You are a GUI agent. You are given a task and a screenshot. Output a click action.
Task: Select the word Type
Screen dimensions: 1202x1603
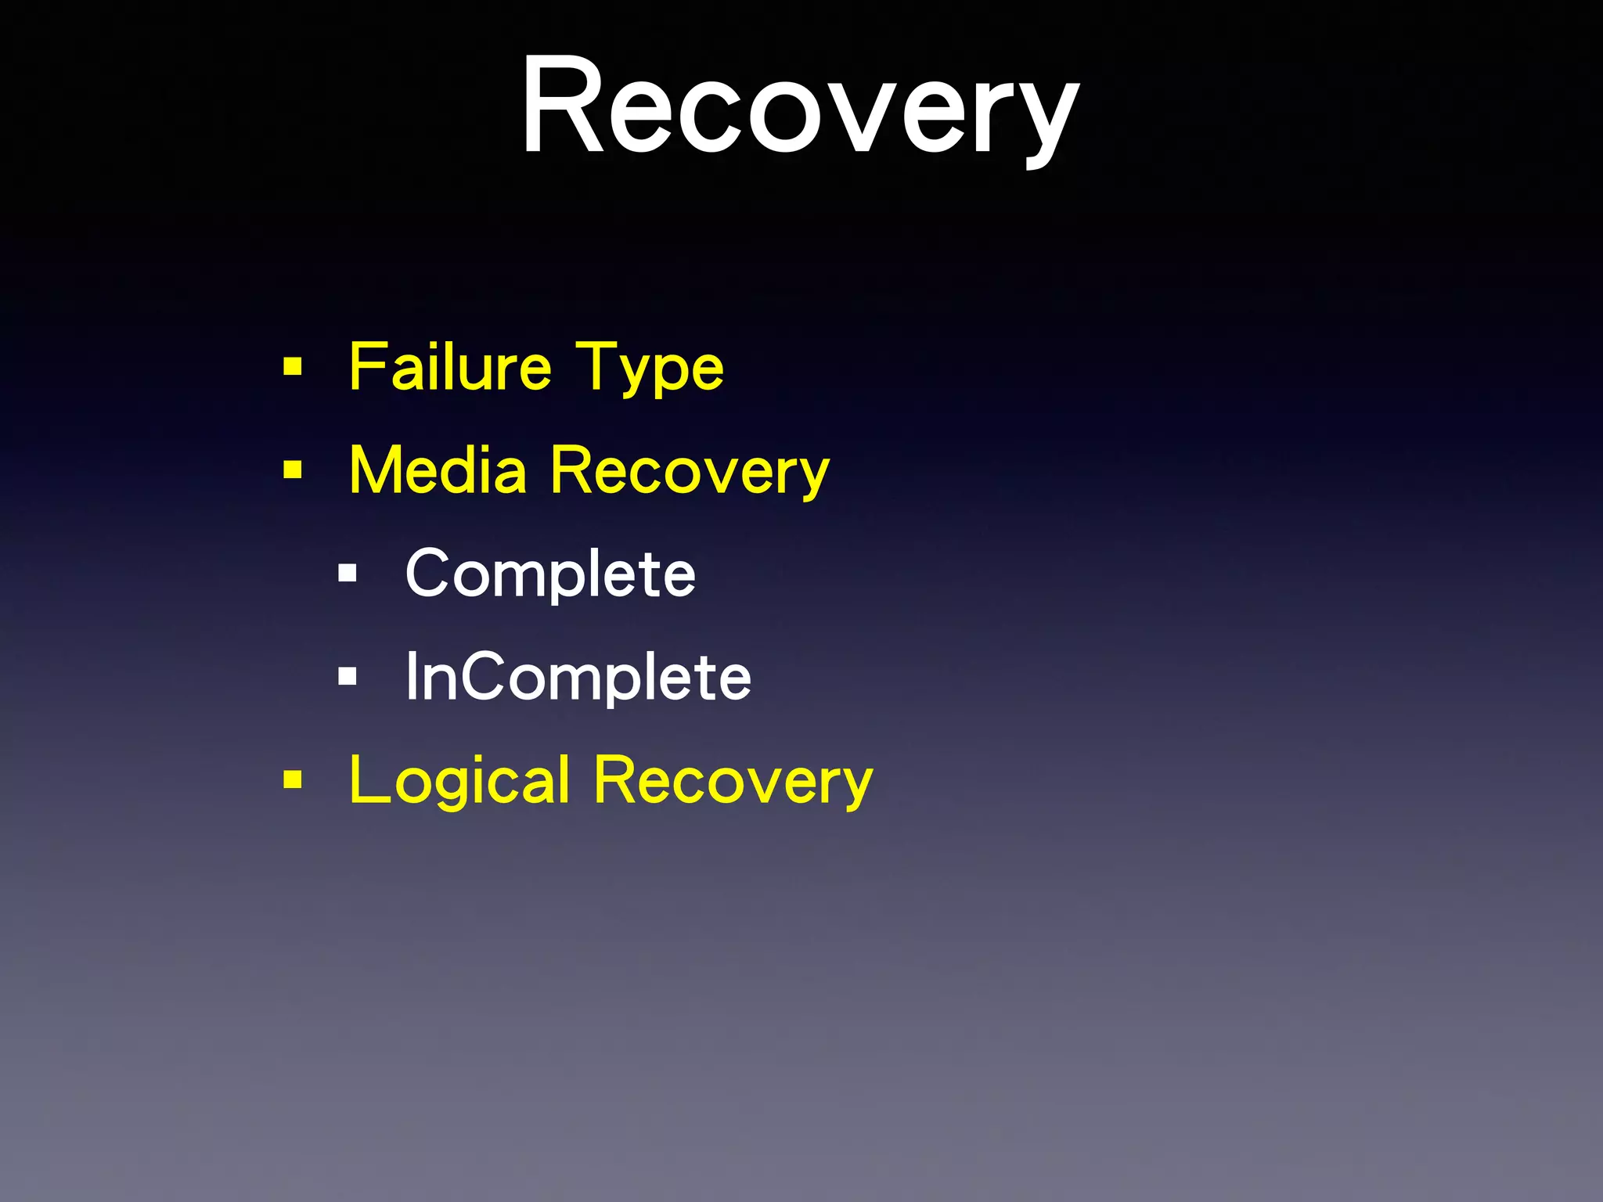(649, 368)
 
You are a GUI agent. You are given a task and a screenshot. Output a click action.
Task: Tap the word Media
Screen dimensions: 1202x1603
(438, 470)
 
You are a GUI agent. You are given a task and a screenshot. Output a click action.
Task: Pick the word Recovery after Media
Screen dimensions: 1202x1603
(689, 472)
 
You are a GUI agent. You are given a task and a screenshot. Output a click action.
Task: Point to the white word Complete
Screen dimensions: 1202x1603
(550, 574)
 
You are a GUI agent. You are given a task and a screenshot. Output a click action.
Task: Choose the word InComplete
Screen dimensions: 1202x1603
(578, 677)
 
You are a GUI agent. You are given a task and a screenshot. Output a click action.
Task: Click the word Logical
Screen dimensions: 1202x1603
(459, 780)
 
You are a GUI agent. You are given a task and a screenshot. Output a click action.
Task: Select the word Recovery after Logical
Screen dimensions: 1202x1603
(733, 780)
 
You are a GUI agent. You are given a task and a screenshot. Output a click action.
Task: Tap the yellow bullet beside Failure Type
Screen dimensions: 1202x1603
(293, 366)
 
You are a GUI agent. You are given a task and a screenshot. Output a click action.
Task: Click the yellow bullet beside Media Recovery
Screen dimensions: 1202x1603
(293, 470)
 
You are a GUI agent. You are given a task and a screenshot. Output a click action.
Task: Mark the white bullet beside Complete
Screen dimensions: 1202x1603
(348, 574)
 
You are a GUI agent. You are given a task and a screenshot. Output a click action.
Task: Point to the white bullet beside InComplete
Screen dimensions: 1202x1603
(348, 676)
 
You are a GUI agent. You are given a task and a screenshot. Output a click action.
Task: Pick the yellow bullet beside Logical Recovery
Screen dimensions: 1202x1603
(293, 779)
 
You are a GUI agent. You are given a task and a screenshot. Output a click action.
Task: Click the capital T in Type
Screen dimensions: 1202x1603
(596, 365)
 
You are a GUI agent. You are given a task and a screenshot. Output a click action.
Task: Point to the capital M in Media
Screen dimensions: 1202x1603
(379, 470)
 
